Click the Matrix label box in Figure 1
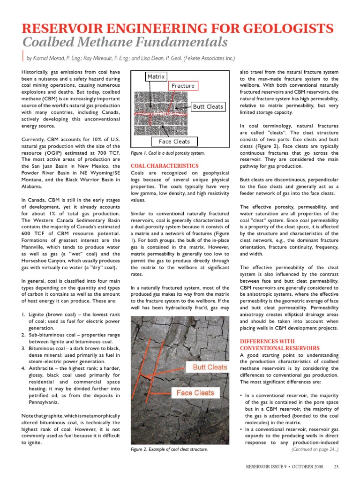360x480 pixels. pos(156,76)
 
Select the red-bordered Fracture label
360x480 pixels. pos(183,86)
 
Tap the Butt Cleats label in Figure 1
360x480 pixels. pos(208,106)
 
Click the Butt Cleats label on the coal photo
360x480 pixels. pos(210,367)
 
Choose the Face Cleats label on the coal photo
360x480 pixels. pos(195,393)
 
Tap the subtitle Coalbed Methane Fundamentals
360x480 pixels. pos(125,43)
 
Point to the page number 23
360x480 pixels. pos(336,466)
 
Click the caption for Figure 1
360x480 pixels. pos(167,153)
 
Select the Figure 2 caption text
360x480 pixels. pos(169,450)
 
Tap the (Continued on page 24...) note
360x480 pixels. pos(315,450)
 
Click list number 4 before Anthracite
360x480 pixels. pos(24,368)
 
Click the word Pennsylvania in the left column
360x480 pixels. pos(44,402)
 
